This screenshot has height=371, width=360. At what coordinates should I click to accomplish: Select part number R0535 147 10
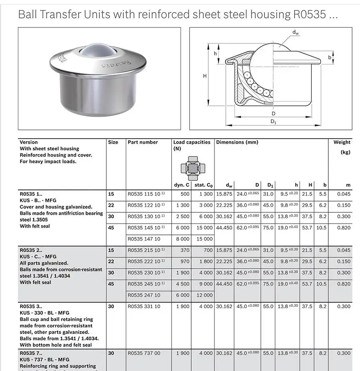(x=144, y=239)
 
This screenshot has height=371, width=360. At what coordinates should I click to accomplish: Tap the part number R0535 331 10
(x=144, y=306)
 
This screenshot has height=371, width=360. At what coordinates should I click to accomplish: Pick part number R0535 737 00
(x=144, y=353)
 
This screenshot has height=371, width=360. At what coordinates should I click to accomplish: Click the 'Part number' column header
(x=142, y=142)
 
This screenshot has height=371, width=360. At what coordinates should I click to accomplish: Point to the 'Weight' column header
(x=342, y=142)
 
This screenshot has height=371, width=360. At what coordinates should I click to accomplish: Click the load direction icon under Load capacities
(x=192, y=168)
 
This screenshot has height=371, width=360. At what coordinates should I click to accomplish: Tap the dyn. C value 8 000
(x=182, y=239)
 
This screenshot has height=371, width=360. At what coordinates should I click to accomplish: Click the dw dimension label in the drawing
(x=295, y=32)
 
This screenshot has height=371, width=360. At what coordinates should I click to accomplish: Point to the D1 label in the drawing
(x=273, y=122)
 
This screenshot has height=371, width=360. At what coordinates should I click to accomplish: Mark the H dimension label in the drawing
(x=205, y=76)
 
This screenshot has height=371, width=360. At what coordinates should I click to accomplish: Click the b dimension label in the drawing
(x=330, y=58)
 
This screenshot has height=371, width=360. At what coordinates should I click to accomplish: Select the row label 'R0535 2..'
(x=31, y=250)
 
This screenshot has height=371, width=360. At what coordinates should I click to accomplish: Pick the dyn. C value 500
(x=185, y=194)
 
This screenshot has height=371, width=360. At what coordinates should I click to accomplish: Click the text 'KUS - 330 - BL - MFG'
(x=45, y=313)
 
